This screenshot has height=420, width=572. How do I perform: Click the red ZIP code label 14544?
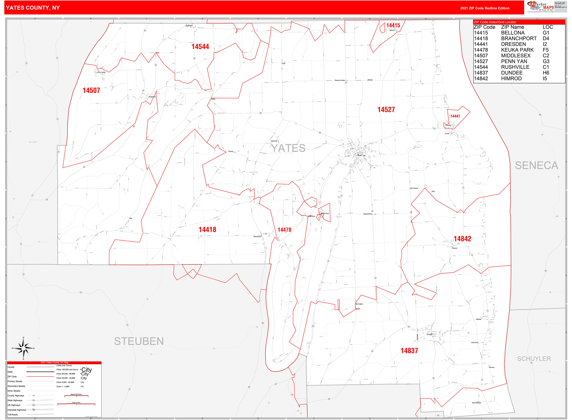click(200, 47)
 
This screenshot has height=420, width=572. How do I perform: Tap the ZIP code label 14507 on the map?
click(91, 90)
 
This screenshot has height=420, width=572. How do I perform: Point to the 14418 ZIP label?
click(207, 230)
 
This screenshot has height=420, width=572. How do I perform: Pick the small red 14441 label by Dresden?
click(455, 116)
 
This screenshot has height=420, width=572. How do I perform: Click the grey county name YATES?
click(288, 148)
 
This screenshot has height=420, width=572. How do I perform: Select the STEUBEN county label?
click(139, 341)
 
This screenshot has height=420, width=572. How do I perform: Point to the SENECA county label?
click(536, 166)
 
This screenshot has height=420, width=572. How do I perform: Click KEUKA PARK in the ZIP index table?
click(517, 50)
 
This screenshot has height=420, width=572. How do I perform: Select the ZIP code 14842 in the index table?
click(481, 79)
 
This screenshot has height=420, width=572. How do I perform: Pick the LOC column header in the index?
click(548, 27)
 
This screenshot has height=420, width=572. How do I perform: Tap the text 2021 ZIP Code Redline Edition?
click(485, 8)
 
